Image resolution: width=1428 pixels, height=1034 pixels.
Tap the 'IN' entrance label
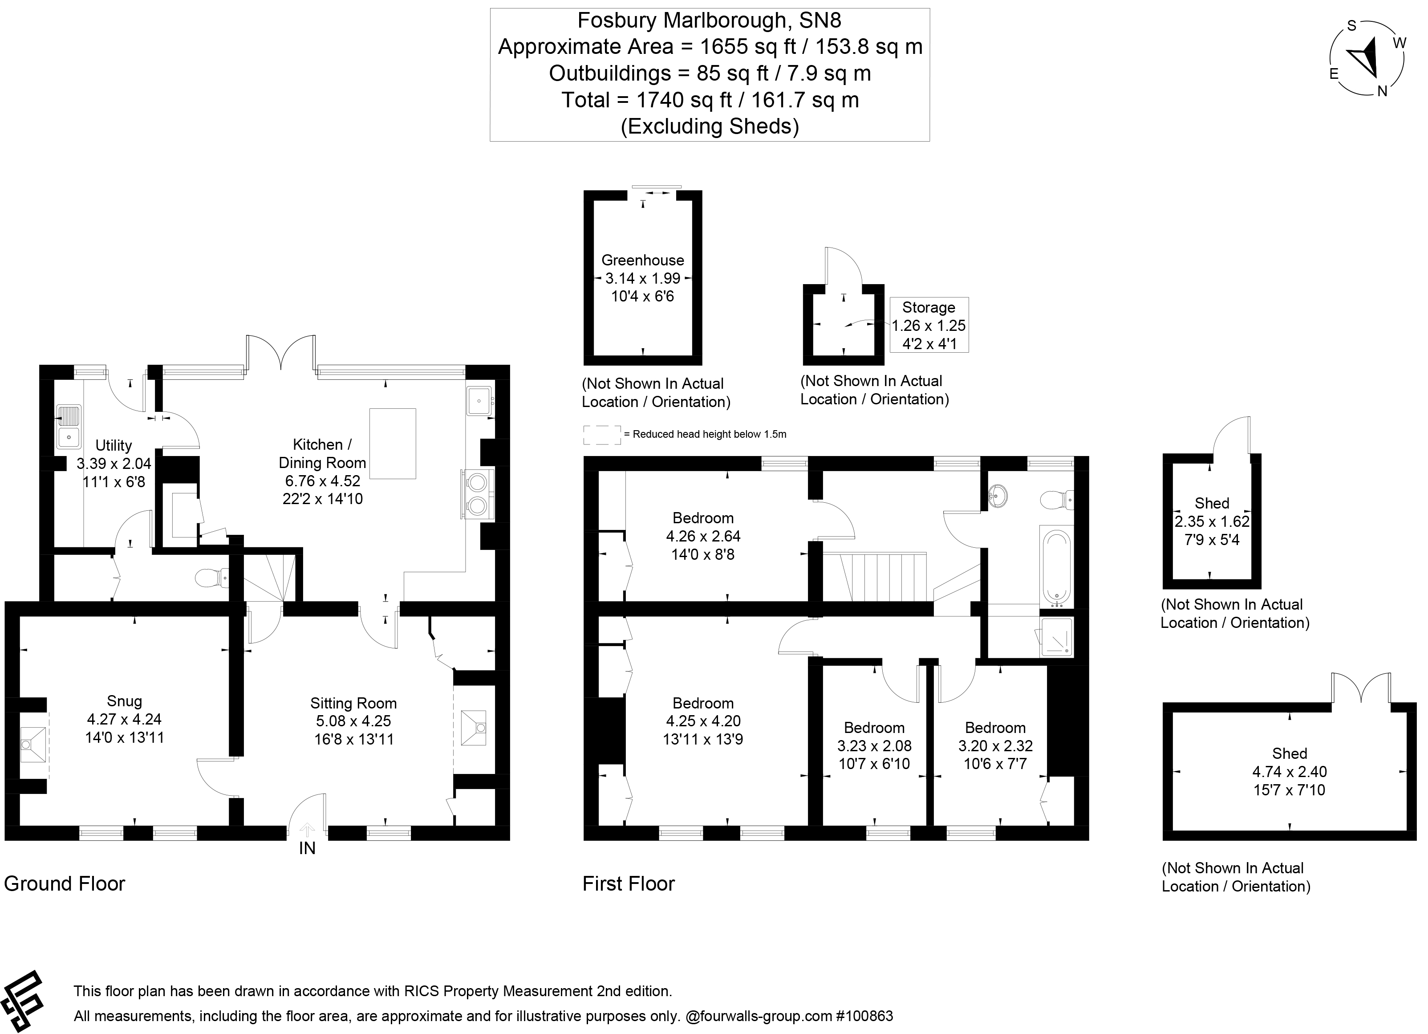(x=307, y=848)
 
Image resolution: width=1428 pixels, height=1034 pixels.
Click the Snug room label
(x=125, y=701)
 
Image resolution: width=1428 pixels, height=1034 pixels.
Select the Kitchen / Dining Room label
(x=322, y=453)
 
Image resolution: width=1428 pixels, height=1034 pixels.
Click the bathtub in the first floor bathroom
(x=1056, y=566)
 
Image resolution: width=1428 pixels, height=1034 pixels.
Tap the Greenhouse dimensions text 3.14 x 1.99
(x=643, y=278)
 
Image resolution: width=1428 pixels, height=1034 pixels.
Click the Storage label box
(x=929, y=325)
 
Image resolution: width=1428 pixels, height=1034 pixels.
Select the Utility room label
(x=114, y=445)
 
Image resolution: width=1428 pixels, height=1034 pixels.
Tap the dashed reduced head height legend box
(x=602, y=435)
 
